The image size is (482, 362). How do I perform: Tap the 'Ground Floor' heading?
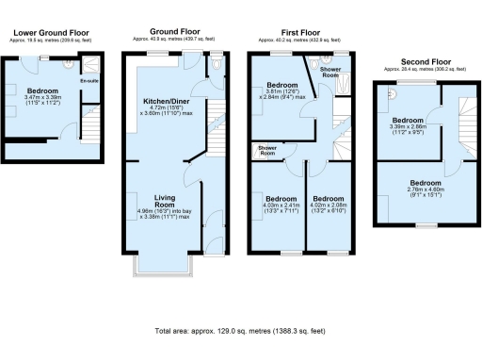[x=170, y=31]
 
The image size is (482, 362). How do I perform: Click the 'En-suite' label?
[x=88, y=82]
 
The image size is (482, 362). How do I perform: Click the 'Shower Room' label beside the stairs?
[x=263, y=151]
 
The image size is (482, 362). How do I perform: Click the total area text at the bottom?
[x=240, y=332]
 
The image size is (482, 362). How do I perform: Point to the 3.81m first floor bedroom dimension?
[x=285, y=93]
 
